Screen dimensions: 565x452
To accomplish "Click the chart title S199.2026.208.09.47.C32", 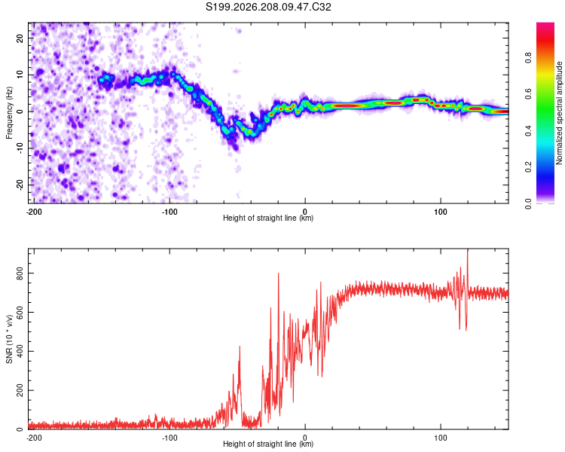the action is point(268,7).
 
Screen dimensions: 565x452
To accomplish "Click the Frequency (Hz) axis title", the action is point(9,113).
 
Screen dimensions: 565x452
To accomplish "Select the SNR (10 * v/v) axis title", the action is point(9,339).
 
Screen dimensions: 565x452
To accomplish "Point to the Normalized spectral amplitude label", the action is point(559,113).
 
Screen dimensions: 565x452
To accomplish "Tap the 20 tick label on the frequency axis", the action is point(20,38).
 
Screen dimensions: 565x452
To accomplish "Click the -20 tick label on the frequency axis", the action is point(20,184).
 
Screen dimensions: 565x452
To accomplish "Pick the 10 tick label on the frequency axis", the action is point(20,75).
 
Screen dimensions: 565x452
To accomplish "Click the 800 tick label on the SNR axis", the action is point(20,273).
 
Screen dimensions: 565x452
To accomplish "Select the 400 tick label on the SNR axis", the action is point(20,351).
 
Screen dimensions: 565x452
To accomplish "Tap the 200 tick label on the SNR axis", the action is point(20,390).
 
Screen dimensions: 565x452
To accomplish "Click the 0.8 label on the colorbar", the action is point(528,58).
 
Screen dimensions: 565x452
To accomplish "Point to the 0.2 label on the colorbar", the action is point(528,167).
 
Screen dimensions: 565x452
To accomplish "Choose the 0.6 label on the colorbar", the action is point(528,94).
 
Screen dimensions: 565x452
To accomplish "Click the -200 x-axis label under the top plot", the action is point(34,212).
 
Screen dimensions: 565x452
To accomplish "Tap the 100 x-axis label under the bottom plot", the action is point(441,438).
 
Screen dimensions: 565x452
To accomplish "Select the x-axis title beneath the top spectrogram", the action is point(268,218).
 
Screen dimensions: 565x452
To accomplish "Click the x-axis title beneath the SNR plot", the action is point(268,444).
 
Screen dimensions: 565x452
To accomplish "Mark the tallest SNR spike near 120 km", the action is point(468,249).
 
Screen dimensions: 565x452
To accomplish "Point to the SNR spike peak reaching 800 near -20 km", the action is point(278,273).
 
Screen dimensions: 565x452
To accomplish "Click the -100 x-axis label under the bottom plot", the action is point(169,438).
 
